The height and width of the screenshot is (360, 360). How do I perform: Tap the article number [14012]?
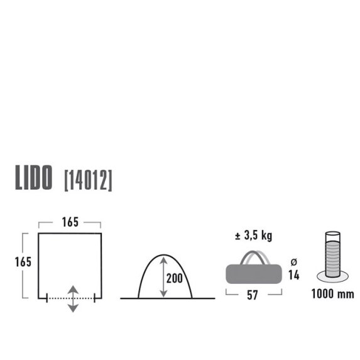pyautogui.click(x=89, y=180)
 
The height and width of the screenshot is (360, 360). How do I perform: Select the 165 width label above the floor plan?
pyautogui.click(x=70, y=222)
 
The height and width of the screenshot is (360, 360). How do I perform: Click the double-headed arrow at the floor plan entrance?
pyautogui.click(x=73, y=298)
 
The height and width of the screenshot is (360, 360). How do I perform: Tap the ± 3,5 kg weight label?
pyautogui.click(x=253, y=236)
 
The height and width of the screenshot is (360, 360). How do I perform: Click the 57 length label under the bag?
pyautogui.click(x=252, y=296)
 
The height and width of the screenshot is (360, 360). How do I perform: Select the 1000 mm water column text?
pyautogui.click(x=333, y=294)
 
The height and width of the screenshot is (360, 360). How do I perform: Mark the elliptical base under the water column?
pyautogui.click(x=333, y=276)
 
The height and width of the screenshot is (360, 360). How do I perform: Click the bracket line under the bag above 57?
pyautogui.click(x=252, y=290)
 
